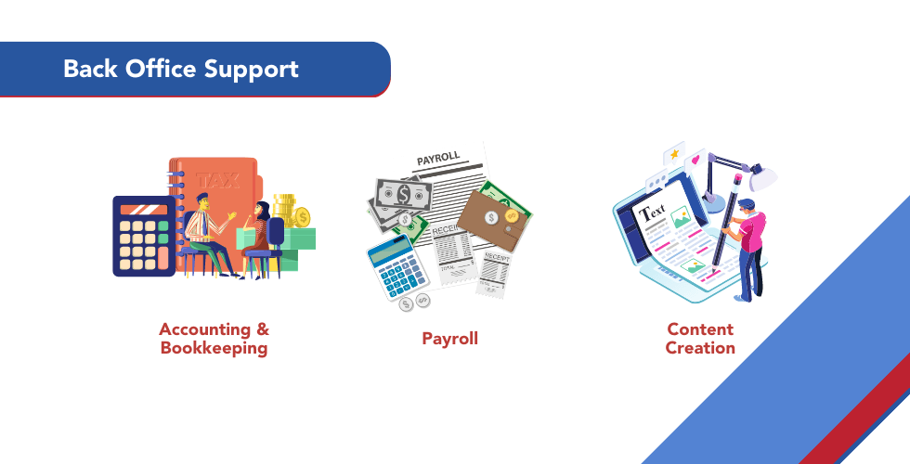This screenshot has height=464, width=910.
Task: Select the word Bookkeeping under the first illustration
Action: click(x=214, y=349)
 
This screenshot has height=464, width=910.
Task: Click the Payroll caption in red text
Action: click(x=450, y=339)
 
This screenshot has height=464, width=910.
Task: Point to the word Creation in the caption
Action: click(x=700, y=348)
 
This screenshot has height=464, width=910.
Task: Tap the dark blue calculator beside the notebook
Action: click(x=144, y=236)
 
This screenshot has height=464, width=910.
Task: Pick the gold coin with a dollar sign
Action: click(x=302, y=217)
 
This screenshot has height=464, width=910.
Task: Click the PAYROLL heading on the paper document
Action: click(x=439, y=161)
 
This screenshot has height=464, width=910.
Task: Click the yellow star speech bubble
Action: click(x=671, y=154)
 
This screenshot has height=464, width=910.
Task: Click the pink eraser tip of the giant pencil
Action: click(x=739, y=176)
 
